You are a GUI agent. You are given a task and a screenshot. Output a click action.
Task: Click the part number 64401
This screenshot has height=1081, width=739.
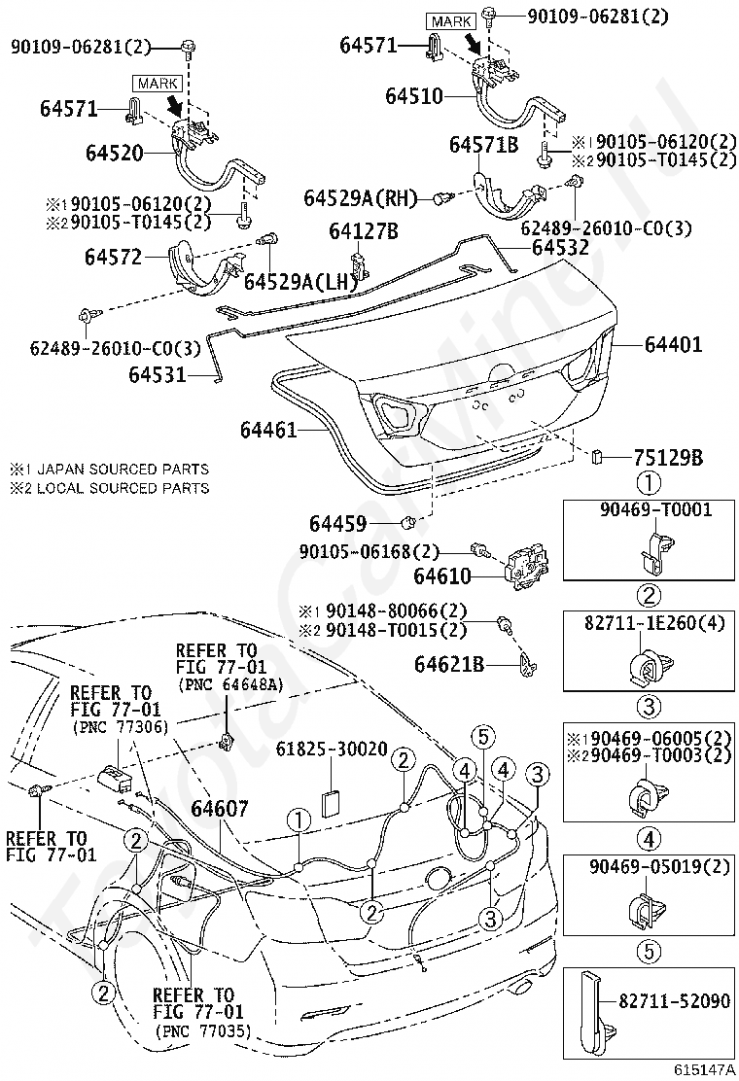click(673, 344)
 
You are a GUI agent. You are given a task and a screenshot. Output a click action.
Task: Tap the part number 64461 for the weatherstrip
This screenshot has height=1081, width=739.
click(268, 430)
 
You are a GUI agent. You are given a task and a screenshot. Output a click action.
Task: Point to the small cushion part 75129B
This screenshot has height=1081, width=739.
click(598, 456)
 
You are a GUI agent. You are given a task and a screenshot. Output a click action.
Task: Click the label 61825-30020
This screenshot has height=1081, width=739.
click(332, 749)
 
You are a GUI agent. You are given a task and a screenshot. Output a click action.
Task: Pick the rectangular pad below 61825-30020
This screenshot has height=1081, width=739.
click(333, 802)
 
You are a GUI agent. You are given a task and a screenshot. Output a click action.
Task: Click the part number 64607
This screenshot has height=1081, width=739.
click(220, 808)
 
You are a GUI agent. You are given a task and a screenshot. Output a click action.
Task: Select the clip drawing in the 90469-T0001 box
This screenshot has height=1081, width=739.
click(652, 549)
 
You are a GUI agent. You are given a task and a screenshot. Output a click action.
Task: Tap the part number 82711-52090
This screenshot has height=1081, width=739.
click(674, 999)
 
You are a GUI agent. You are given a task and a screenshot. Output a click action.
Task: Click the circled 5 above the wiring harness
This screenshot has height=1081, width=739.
click(482, 737)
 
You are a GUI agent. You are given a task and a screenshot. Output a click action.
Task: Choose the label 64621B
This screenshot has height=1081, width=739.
click(449, 664)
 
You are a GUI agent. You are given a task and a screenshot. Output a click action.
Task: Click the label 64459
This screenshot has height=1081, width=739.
click(337, 524)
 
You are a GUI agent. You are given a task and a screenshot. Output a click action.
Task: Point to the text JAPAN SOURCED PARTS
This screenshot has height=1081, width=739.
click(122, 470)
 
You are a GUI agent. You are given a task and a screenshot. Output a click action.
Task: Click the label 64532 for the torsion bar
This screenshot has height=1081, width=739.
click(560, 247)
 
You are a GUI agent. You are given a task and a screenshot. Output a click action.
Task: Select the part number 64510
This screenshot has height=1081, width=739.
click(413, 96)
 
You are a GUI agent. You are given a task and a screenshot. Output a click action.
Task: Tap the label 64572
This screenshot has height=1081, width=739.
click(113, 258)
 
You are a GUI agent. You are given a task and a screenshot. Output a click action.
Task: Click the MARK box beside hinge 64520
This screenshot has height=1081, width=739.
click(158, 84)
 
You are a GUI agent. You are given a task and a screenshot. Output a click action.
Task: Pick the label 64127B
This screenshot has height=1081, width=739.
click(364, 231)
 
